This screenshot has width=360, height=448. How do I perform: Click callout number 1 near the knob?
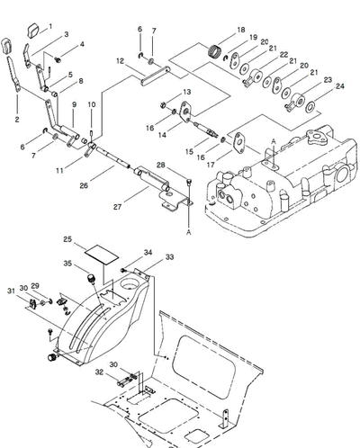point(50,26)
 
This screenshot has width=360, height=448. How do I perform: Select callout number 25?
point(67,239)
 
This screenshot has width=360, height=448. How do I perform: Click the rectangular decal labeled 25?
point(102,255)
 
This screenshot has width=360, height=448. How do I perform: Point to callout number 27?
point(117,207)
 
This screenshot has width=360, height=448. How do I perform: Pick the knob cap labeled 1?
point(33,31)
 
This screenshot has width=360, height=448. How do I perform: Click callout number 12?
point(120,61)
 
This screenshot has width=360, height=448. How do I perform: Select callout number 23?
point(328,80)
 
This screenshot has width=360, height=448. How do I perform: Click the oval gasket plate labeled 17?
point(239,143)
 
